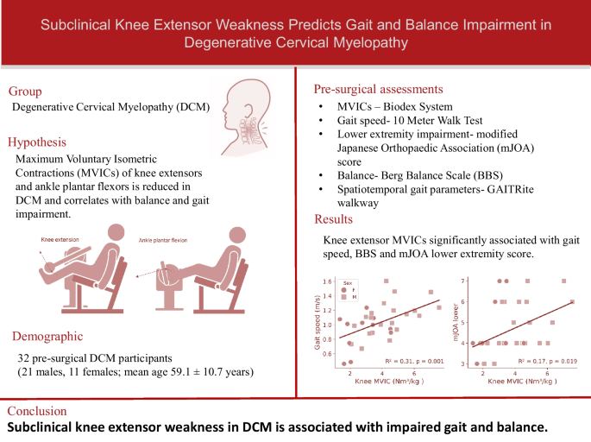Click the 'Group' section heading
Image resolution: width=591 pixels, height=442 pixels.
(x=27, y=91)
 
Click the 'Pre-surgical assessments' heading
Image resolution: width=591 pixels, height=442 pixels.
(x=379, y=88)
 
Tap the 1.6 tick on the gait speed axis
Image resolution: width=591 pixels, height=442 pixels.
(x=326, y=281)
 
